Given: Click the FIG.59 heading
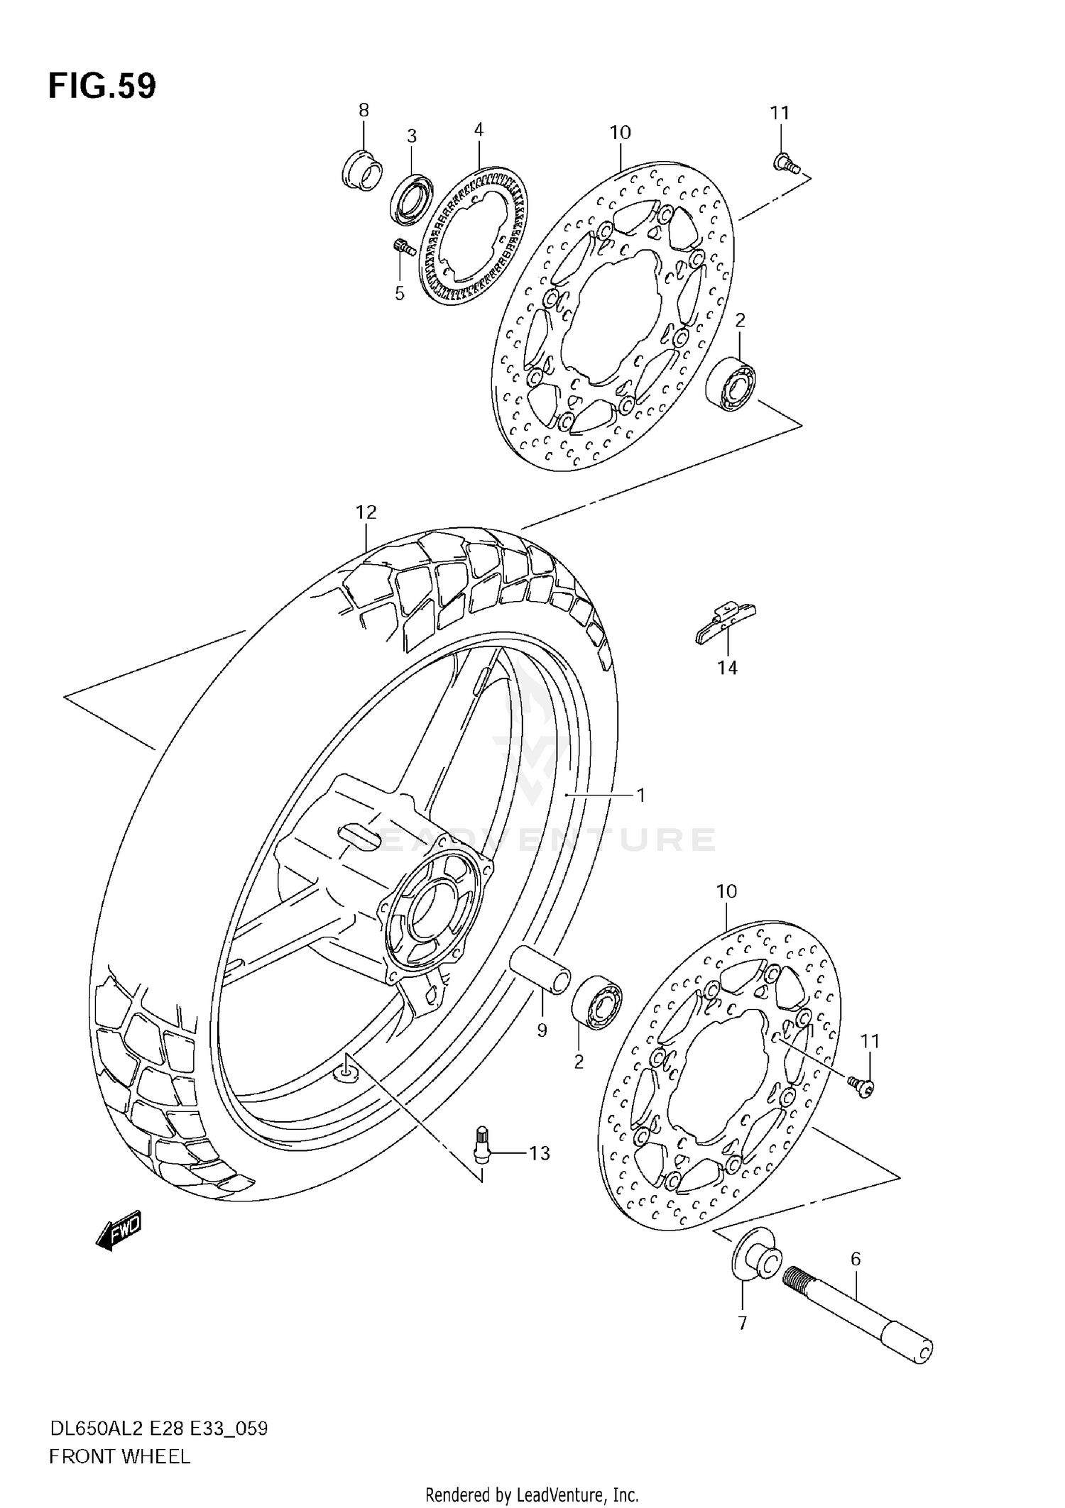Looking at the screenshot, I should [x=102, y=87].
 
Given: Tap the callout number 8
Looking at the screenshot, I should [x=364, y=110].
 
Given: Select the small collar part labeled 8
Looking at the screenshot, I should [x=361, y=172].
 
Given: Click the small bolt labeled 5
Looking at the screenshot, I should [x=403, y=247].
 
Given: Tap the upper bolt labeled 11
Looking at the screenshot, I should [x=785, y=164].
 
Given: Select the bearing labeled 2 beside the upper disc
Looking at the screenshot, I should [x=731, y=385].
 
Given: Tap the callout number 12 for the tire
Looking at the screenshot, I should [x=366, y=512].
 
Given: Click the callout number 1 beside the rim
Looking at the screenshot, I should [x=640, y=796].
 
